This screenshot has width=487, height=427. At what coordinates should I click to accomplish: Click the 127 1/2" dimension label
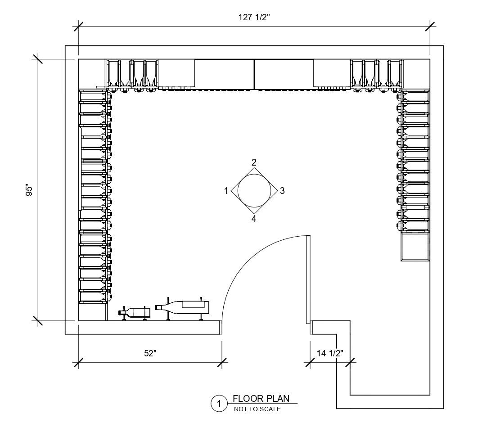coord(254,18)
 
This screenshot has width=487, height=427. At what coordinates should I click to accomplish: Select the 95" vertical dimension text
coord(30,190)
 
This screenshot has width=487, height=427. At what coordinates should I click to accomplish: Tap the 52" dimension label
coord(150,353)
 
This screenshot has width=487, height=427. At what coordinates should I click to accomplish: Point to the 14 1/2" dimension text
coord(330,353)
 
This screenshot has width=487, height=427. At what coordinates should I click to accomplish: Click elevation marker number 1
coord(226,191)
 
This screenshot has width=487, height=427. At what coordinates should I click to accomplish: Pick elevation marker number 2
coord(254,162)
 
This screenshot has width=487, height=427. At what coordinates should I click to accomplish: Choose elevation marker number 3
coord(282,191)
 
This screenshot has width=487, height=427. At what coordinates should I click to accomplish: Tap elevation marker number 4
coord(254,219)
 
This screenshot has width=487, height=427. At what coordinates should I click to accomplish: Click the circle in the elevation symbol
coord(254,190)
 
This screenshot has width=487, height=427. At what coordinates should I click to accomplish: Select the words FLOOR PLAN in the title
coord(261,398)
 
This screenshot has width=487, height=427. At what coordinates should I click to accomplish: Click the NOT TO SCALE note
coord(257,409)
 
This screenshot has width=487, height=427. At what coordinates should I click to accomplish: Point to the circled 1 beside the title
coord(219,404)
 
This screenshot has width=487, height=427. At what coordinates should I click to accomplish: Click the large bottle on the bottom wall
coord(183,306)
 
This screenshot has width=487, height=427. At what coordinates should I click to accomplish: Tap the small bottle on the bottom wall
coord(135,312)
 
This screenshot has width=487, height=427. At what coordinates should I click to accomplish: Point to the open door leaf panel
coord(308,279)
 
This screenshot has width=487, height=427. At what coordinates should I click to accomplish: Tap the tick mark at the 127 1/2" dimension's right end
coord(430,26)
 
